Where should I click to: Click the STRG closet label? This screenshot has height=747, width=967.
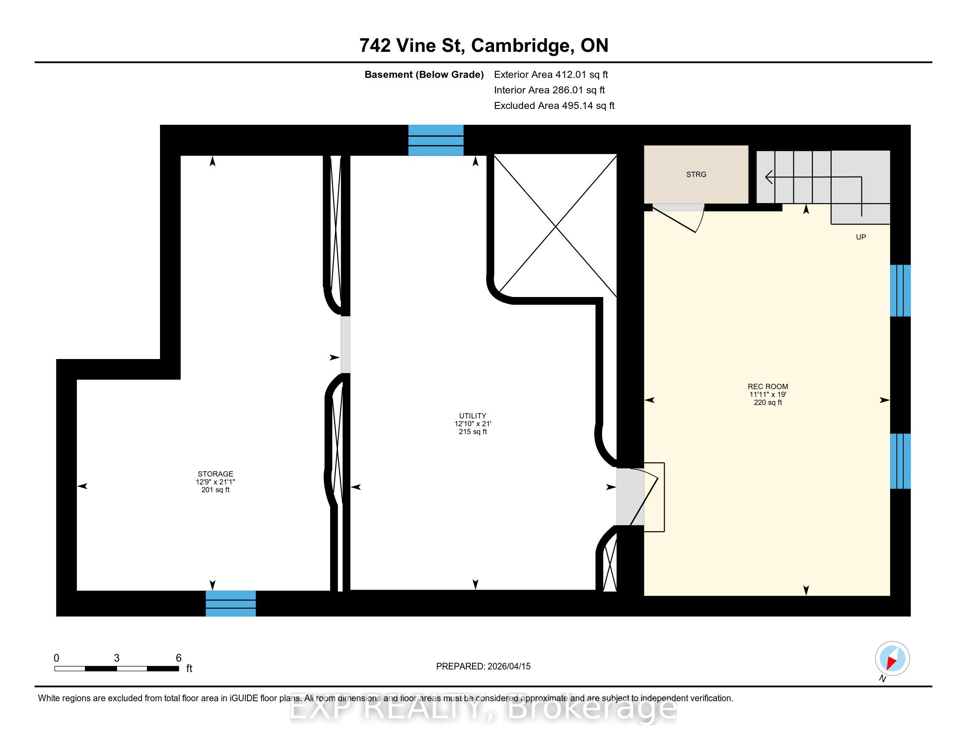click(x=696, y=174)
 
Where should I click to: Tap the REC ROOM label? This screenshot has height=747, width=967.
click(x=768, y=386)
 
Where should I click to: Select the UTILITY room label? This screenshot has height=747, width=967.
click(x=473, y=416)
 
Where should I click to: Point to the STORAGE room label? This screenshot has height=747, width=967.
click(x=215, y=474)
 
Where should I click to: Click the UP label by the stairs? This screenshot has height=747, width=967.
click(x=861, y=237)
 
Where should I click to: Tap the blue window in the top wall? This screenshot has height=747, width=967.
click(x=436, y=140)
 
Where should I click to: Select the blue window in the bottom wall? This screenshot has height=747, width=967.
click(x=231, y=603)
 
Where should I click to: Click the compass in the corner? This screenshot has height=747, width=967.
click(x=892, y=659)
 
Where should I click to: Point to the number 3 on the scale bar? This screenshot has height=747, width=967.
click(x=116, y=658)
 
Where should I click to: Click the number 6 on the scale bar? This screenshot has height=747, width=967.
click(x=178, y=658)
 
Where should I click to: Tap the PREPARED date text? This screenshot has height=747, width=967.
click(x=483, y=667)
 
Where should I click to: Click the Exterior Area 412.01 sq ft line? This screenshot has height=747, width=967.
click(x=551, y=75)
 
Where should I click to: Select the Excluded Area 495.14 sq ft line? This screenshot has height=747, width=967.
click(x=554, y=106)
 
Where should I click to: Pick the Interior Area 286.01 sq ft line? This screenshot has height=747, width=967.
click(x=549, y=90)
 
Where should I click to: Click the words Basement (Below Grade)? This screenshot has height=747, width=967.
click(x=424, y=75)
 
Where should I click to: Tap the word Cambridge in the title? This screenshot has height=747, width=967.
click(x=520, y=46)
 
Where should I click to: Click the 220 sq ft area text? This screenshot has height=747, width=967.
click(x=768, y=402)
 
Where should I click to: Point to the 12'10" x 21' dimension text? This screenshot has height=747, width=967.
click(x=473, y=424)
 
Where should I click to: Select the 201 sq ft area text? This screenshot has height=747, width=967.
click(x=215, y=490)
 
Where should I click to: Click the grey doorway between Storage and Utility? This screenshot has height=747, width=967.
click(x=345, y=344)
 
